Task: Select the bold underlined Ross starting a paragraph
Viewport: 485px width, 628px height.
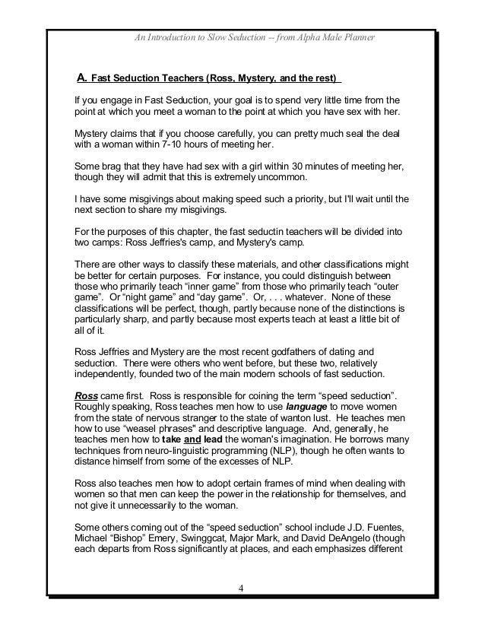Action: (84, 397)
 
